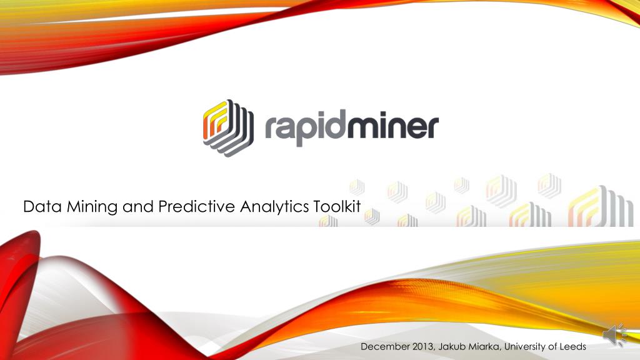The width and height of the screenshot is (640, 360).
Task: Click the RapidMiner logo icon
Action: pos(227,127)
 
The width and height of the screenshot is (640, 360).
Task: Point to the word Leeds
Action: pos(572,347)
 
